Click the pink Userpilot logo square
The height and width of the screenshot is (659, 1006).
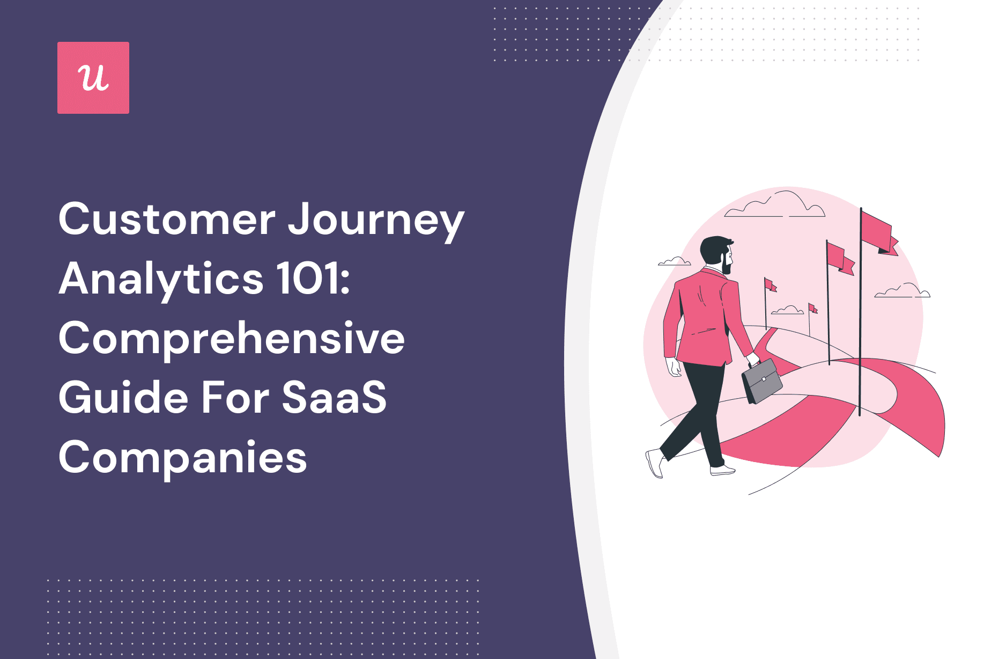(x=93, y=78)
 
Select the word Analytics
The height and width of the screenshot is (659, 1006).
(x=161, y=280)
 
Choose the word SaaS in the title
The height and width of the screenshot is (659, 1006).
(x=334, y=398)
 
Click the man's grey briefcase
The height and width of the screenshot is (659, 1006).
(x=762, y=381)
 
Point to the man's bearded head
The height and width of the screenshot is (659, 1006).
(x=717, y=254)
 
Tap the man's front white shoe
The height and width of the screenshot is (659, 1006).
(x=722, y=470)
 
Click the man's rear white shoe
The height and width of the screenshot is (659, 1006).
(x=655, y=463)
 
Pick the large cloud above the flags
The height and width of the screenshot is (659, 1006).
(x=775, y=204)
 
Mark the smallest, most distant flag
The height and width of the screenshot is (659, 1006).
(x=812, y=309)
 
